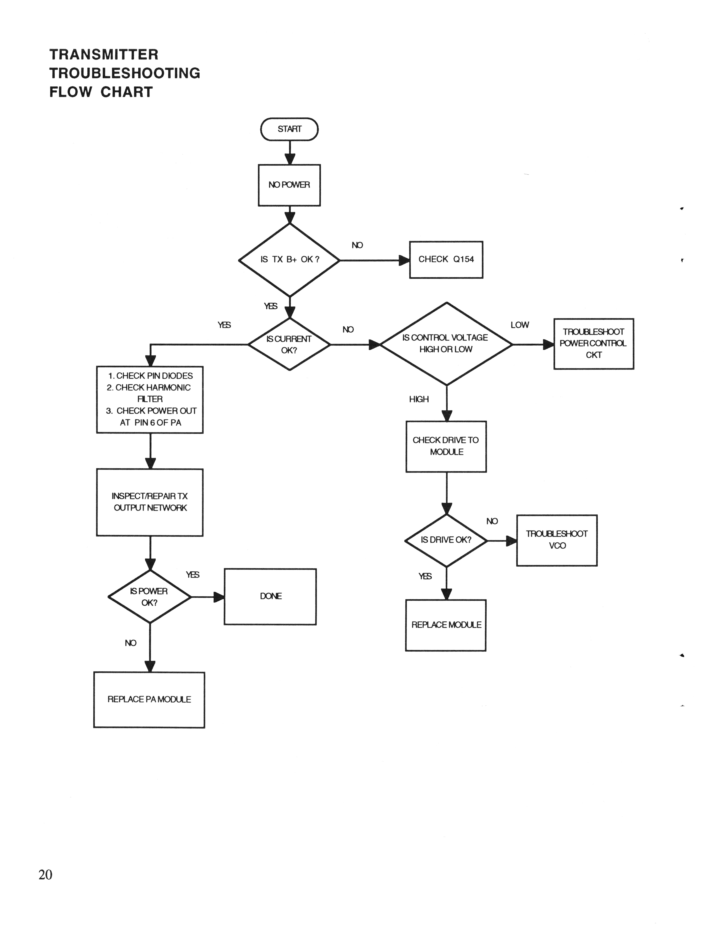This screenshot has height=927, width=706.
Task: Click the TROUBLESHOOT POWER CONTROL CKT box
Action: tap(593, 344)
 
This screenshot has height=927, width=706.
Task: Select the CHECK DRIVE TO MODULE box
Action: tap(446, 446)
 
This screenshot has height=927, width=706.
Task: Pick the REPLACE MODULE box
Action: tap(446, 625)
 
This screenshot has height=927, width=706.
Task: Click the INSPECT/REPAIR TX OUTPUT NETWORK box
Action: tap(150, 502)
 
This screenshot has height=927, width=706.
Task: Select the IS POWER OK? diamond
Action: tap(150, 597)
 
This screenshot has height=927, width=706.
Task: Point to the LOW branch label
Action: tap(520, 325)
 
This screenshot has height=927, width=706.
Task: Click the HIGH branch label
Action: tap(419, 399)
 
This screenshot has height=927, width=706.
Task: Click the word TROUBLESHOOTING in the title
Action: tap(125, 73)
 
